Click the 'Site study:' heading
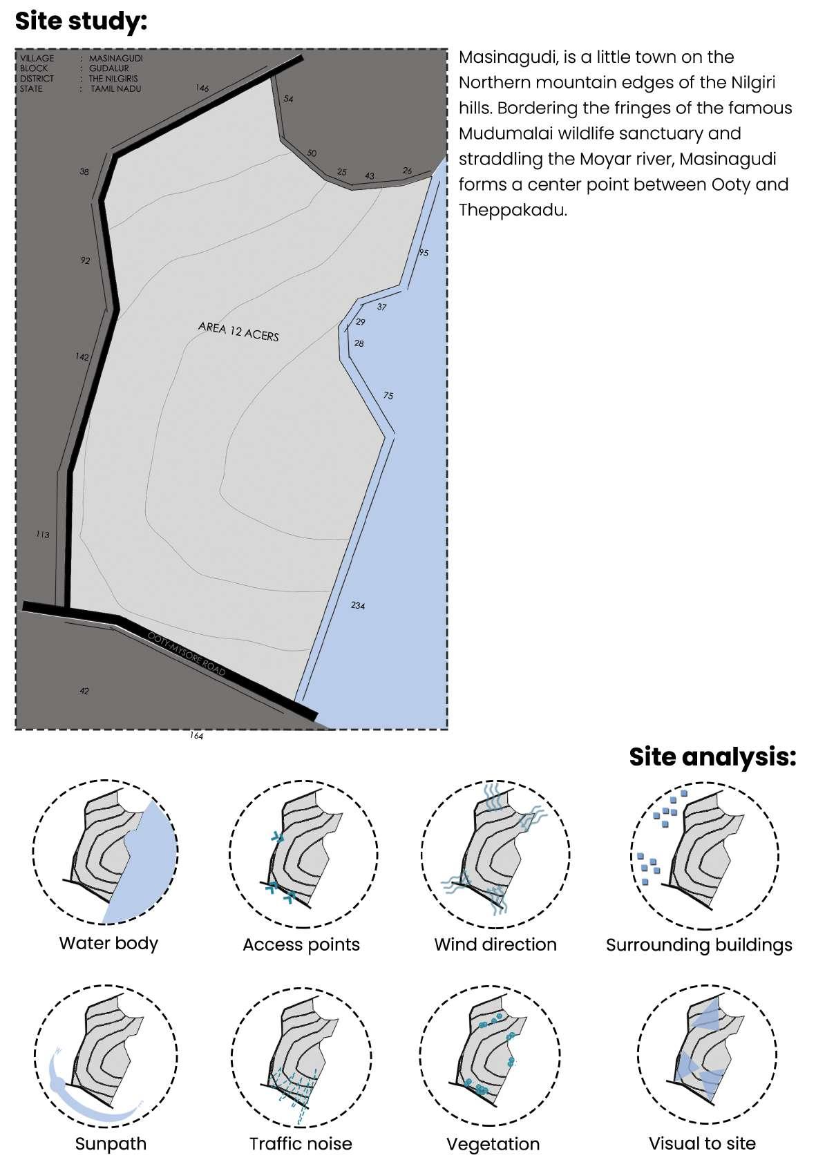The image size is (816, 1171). pyautogui.click(x=82, y=21)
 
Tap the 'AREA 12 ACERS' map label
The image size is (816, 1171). pyautogui.click(x=238, y=331)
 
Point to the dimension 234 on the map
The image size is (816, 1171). pyautogui.click(x=357, y=606)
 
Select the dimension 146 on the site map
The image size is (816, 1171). pyautogui.click(x=202, y=88)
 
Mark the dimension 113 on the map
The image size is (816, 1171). pyautogui.click(x=43, y=535)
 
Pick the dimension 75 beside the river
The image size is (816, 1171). pyautogui.click(x=388, y=396)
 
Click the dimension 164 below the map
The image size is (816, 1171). pyautogui.click(x=196, y=736)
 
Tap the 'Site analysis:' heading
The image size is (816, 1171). pyautogui.click(x=712, y=756)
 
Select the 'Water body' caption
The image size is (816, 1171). pyautogui.click(x=108, y=943)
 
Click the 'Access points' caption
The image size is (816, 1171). pyautogui.click(x=301, y=944)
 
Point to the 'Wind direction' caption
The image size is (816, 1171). pyautogui.click(x=495, y=944)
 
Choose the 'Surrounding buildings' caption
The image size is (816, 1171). pyautogui.click(x=699, y=945)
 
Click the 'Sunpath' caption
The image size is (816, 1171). pyautogui.click(x=111, y=1144)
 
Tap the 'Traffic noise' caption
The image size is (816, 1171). pyautogui.click(x=301, y=1144)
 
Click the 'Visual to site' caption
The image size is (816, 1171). pyautogui.click(x=702, y=1143)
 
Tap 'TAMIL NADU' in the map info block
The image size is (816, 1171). pyautogui.click(x=115, y=88)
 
